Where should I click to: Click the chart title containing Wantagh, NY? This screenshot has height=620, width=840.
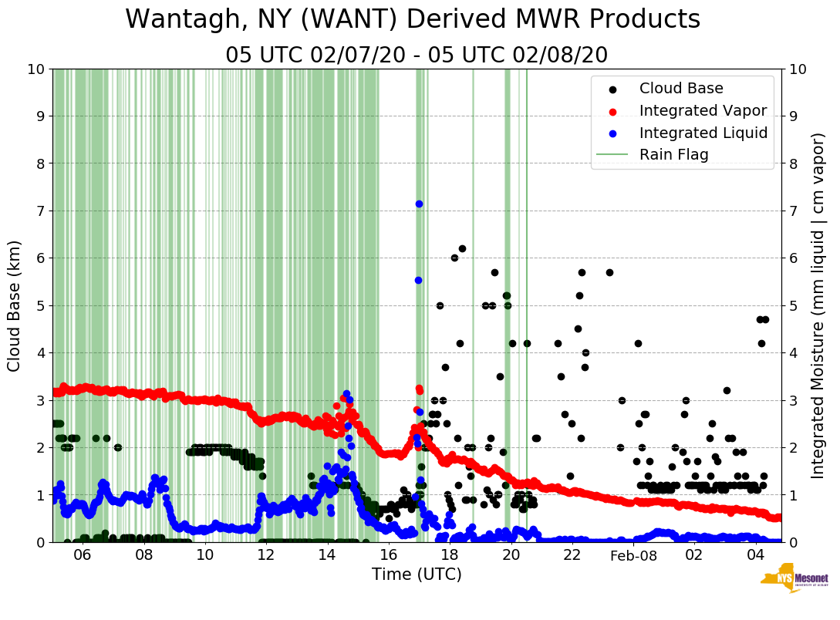[x=413, y=19]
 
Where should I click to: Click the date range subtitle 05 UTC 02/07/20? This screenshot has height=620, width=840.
[x=417, y=56]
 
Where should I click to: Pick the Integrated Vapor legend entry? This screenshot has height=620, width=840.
[x=703, y=110]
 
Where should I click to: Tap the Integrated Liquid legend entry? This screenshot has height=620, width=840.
[x=703, y=133]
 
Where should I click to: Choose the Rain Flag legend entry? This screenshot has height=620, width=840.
[x=673, y=154]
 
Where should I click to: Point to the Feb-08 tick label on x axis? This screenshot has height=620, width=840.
[x=633, y=555]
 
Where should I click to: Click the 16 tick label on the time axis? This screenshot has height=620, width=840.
[x=388, y=555]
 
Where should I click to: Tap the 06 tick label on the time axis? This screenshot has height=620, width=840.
[x=83, y=555]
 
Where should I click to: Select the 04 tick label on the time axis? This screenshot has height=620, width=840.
[x=755, y=555]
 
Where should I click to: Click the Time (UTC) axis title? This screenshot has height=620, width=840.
[x=417, y=575]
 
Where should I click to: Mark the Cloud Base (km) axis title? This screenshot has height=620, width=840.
[x=15, y=305]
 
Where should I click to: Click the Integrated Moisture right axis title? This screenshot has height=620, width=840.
[x=819, y=305]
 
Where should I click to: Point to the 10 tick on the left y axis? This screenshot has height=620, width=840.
[x=36, y=69]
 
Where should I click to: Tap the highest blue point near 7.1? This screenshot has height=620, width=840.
[x=419, y=204]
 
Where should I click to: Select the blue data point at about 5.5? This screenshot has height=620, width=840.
[x=418, y=280]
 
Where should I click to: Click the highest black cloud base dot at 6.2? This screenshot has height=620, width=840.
[x=462, y=248]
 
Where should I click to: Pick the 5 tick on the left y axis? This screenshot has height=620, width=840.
[x=40, y=305]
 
